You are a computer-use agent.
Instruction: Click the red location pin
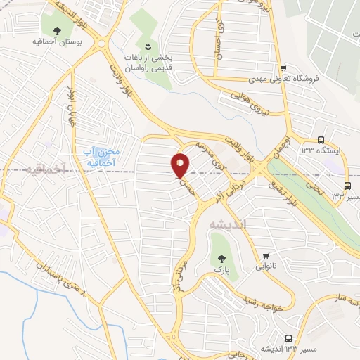coord(180,165)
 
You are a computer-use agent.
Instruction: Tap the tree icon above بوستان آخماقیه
coord(56,30)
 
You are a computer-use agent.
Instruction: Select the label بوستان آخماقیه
coord(57,43)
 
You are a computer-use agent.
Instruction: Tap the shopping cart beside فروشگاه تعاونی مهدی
coord(283,68)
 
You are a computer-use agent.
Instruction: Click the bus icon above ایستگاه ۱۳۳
coord(321,139)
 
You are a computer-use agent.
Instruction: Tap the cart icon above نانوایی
coord(265,256)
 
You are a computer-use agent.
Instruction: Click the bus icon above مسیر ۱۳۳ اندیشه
coord(289,338)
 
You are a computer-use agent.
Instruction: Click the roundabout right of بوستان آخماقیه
coord(101,43)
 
